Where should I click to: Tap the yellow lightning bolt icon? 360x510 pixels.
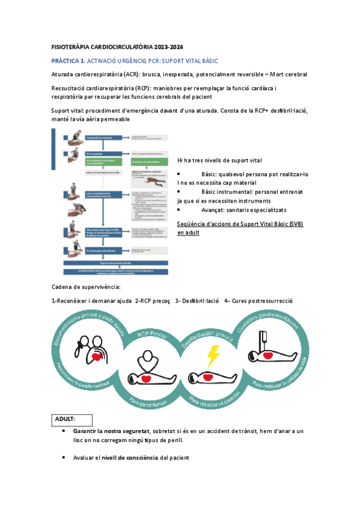click(213, 356)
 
